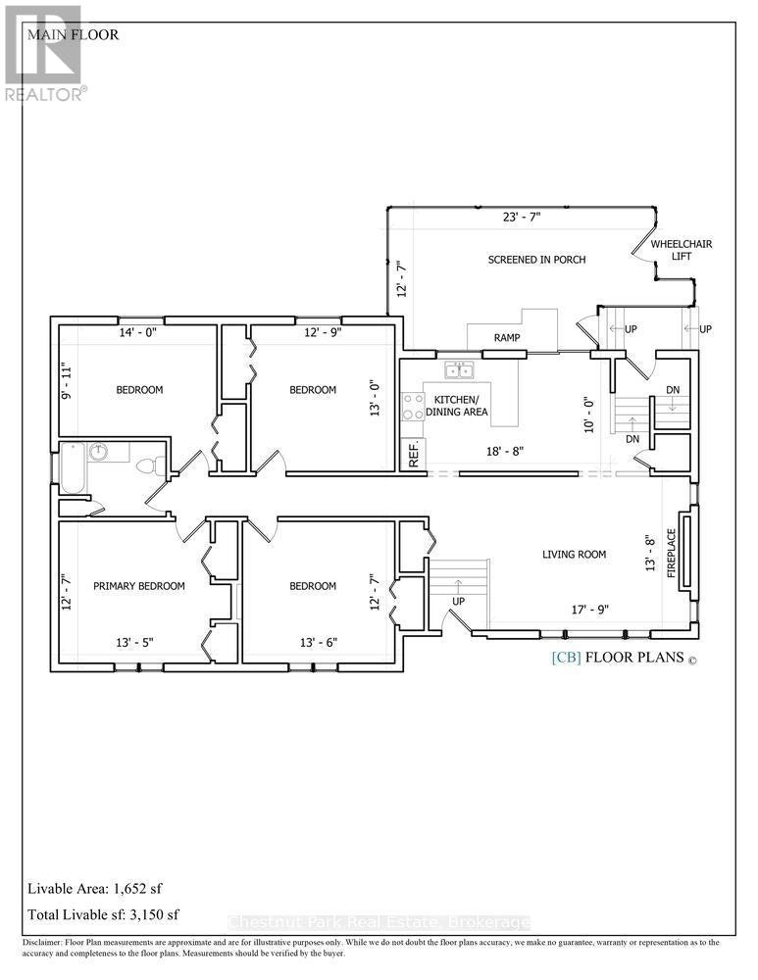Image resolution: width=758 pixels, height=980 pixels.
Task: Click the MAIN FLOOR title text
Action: [74, 34]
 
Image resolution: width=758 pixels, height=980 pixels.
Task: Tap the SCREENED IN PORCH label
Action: [536, 260]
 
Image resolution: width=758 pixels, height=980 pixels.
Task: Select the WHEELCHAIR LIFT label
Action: [682, 250]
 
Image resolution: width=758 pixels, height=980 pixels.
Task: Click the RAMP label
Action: [507, 337]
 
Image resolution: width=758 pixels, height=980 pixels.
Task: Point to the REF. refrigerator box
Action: [413, 455]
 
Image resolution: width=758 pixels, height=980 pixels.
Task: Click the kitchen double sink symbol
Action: [458, 370]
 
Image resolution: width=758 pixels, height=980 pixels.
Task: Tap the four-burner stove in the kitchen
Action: [412, 407]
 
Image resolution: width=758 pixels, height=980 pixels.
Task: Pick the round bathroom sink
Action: [98, 451]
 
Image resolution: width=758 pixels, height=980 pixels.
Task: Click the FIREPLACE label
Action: [672, 553]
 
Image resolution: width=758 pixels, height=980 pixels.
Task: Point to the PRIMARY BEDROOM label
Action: [139, 586]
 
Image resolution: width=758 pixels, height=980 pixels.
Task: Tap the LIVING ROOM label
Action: [574, 554]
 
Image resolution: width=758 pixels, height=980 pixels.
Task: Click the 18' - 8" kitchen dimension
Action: [504, 451]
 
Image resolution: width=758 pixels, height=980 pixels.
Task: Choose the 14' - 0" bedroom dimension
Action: [137, 332]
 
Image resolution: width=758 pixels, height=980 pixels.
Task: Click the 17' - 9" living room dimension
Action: [589, 609]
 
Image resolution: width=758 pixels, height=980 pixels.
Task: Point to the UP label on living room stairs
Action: [458, 602]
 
